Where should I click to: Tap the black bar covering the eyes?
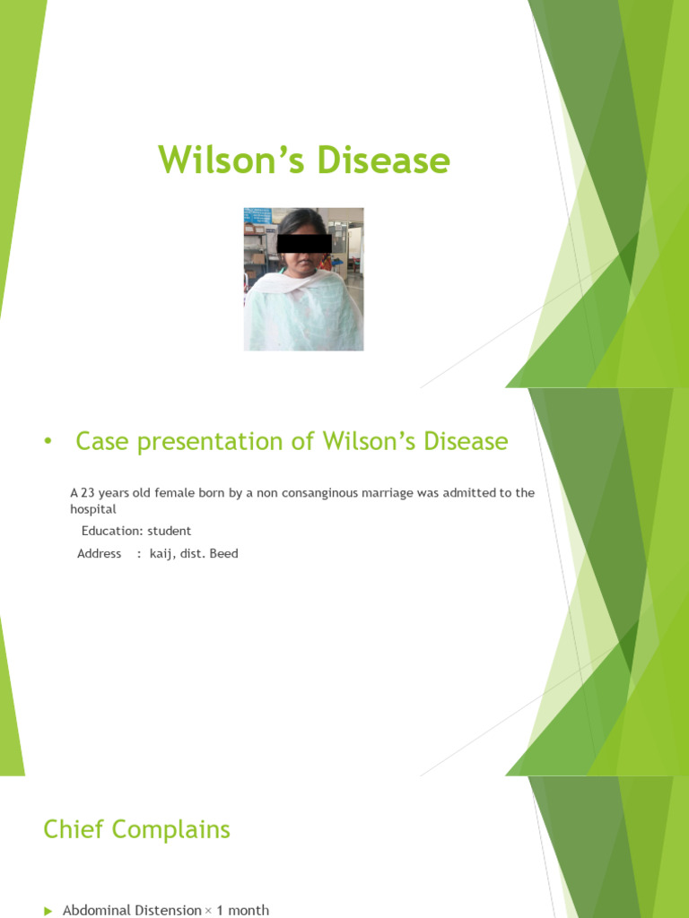pos(304,243)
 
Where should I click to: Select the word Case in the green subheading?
pos(100,442)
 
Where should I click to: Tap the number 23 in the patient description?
pos(88,493)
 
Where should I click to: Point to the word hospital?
pos(93,509)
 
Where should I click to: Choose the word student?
pos(170,531)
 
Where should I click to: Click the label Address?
pos(99,554)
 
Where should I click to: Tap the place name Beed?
pos(223,554)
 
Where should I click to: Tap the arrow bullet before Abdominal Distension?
pos(48,911)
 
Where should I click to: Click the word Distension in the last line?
pos(168,910)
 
